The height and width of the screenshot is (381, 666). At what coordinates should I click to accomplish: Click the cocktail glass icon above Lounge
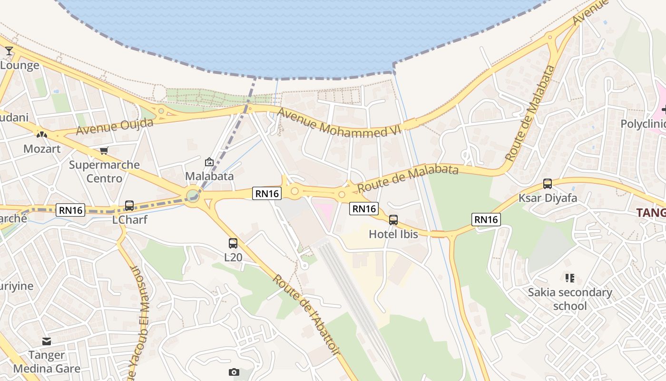[9, 50]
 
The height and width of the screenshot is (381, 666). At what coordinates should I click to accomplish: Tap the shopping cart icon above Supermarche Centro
[104, 151]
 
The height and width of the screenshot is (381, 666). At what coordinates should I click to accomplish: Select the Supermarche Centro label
[104, 171]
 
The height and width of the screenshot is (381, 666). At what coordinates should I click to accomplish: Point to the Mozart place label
[42, 149]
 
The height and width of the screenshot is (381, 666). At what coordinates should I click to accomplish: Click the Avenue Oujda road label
[115, 127]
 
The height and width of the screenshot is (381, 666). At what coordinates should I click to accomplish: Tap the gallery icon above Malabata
[209, 162]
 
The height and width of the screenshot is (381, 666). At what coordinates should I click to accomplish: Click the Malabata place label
[209, 176]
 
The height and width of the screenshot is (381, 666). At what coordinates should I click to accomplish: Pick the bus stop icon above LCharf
[129, 206]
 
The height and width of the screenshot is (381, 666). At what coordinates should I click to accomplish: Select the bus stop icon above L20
[233, 243]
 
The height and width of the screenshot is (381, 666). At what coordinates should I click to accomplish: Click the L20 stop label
[233, 258]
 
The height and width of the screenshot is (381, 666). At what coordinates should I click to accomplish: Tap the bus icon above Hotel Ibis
[393, 220]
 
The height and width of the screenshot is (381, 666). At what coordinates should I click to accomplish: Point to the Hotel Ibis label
[393, 234]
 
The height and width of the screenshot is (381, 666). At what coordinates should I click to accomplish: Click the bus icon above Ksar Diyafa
[547, 184]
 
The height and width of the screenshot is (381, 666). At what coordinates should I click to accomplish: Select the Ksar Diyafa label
[548, 198]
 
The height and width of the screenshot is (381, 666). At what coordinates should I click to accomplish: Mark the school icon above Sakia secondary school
[569, 278]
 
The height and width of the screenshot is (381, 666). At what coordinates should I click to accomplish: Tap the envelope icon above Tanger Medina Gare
[46, 341]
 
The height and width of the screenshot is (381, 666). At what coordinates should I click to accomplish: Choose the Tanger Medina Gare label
[47, 362]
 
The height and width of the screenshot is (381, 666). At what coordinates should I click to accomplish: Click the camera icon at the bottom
[234, 372]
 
